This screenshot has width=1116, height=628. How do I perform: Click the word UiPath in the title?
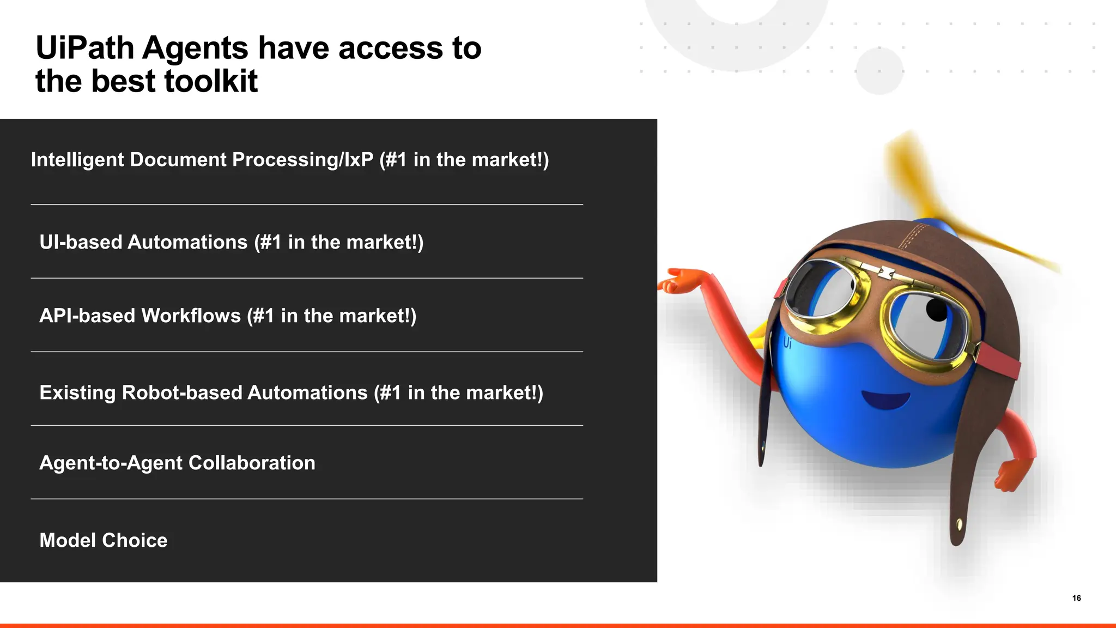pyautogui.click(x=84, y=49)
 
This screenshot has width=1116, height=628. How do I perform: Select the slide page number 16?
pyautogui.click(x=1076, y=598)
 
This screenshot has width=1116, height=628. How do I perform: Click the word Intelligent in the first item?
pyautogui.click(x=77, y=160)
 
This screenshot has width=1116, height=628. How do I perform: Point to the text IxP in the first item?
pyautogui.click(x=358, y=160)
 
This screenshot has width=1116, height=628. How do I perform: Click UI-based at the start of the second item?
pyautogui.click(x=81, y=242)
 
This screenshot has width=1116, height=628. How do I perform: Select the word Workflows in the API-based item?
pyautogui.click(x=191, y=316)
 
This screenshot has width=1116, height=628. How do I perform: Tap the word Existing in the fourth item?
pyautogui.click(x=77, y=392)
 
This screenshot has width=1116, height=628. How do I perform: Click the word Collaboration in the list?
pyautogui.click(x=252, y=463)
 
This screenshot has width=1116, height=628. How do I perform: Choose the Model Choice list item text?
pyautogui.click(x=103, y=540)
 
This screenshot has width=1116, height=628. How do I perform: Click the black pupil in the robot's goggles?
pyautogui.click(x=937, y=310)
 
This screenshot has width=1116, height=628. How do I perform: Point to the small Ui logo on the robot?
pyautogui.click(x=787, y=343)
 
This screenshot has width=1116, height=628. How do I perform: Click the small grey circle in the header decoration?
pyautogui.click(x=879, y=71)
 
